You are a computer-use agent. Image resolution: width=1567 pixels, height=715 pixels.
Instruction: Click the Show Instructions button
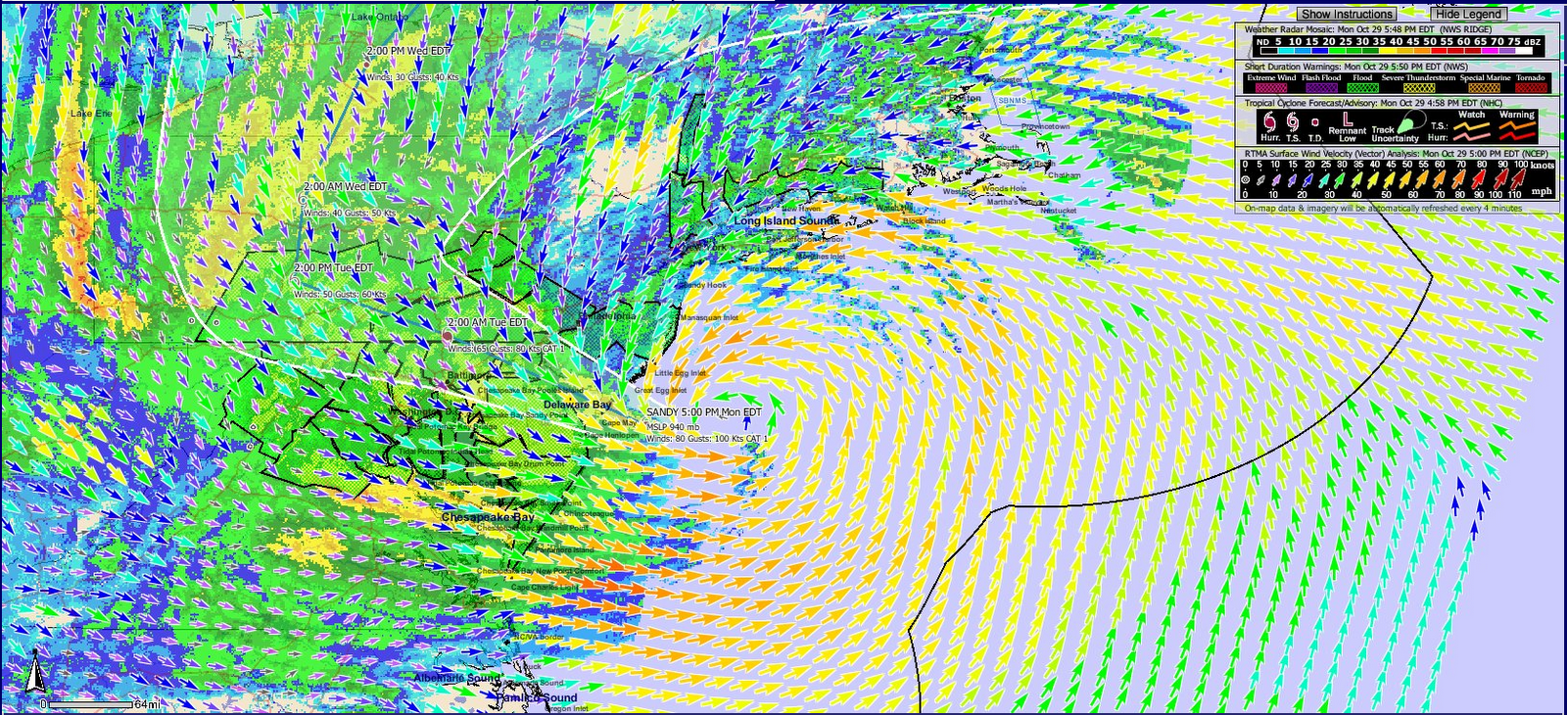(x=1346, y=14)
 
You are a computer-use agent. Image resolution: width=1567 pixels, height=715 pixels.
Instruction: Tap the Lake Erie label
(x=91, y=114)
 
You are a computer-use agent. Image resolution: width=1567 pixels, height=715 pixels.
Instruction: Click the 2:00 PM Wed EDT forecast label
(x=408, y=50)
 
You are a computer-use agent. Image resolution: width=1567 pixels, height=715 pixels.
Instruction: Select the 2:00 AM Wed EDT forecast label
(x=345, y=186)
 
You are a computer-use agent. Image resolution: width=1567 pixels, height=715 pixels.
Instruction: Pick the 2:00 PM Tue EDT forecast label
(x=333, y=267)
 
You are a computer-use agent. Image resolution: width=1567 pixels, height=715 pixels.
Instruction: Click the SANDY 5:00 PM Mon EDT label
(x=703, y=412)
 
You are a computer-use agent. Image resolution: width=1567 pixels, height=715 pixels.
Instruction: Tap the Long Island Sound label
(x=786, y=221)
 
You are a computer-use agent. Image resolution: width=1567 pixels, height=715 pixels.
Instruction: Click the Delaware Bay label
(x=577, y=405)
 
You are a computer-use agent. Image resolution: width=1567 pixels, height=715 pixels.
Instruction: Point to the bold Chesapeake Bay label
(x=488, y=517)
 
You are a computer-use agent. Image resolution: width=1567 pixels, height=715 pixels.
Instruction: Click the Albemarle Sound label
(x=456, y=678)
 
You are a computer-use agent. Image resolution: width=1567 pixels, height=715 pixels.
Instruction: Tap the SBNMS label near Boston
(x=1012, y=101)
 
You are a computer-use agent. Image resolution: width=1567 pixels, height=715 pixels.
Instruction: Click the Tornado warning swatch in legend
(x=1530, y=87)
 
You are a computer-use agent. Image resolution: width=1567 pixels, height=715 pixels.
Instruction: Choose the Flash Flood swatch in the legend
(x=1321, y=87)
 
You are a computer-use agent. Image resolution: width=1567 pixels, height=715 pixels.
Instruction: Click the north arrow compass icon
(x=35, y=672)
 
